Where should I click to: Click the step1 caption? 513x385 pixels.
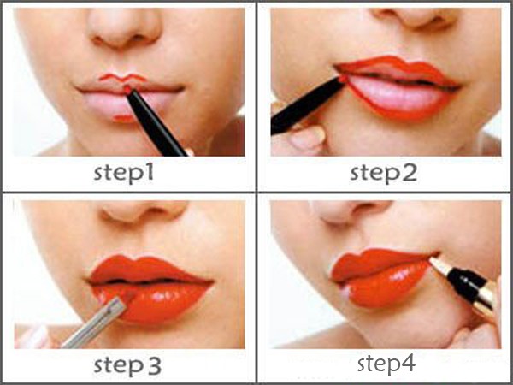pos(124,173)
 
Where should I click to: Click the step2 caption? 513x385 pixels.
pos(383,173)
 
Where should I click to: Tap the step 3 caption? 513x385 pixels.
pos(127,364)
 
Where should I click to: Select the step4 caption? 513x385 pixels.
pos(386,364)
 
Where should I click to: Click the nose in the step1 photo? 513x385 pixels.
pos(124,28)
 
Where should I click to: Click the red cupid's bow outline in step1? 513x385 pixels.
pos(122,78)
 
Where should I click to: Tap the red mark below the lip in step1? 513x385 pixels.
pos(123,118)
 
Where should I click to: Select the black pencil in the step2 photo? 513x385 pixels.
pos(308,104)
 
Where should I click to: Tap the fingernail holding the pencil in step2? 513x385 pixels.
pos(307,136)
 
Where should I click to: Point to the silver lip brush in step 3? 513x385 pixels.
pos(94,323)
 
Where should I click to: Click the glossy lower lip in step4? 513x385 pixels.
pos(387,286)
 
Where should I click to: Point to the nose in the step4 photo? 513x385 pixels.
pos(351,211)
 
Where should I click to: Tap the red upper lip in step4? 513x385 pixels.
pos(376,264)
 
